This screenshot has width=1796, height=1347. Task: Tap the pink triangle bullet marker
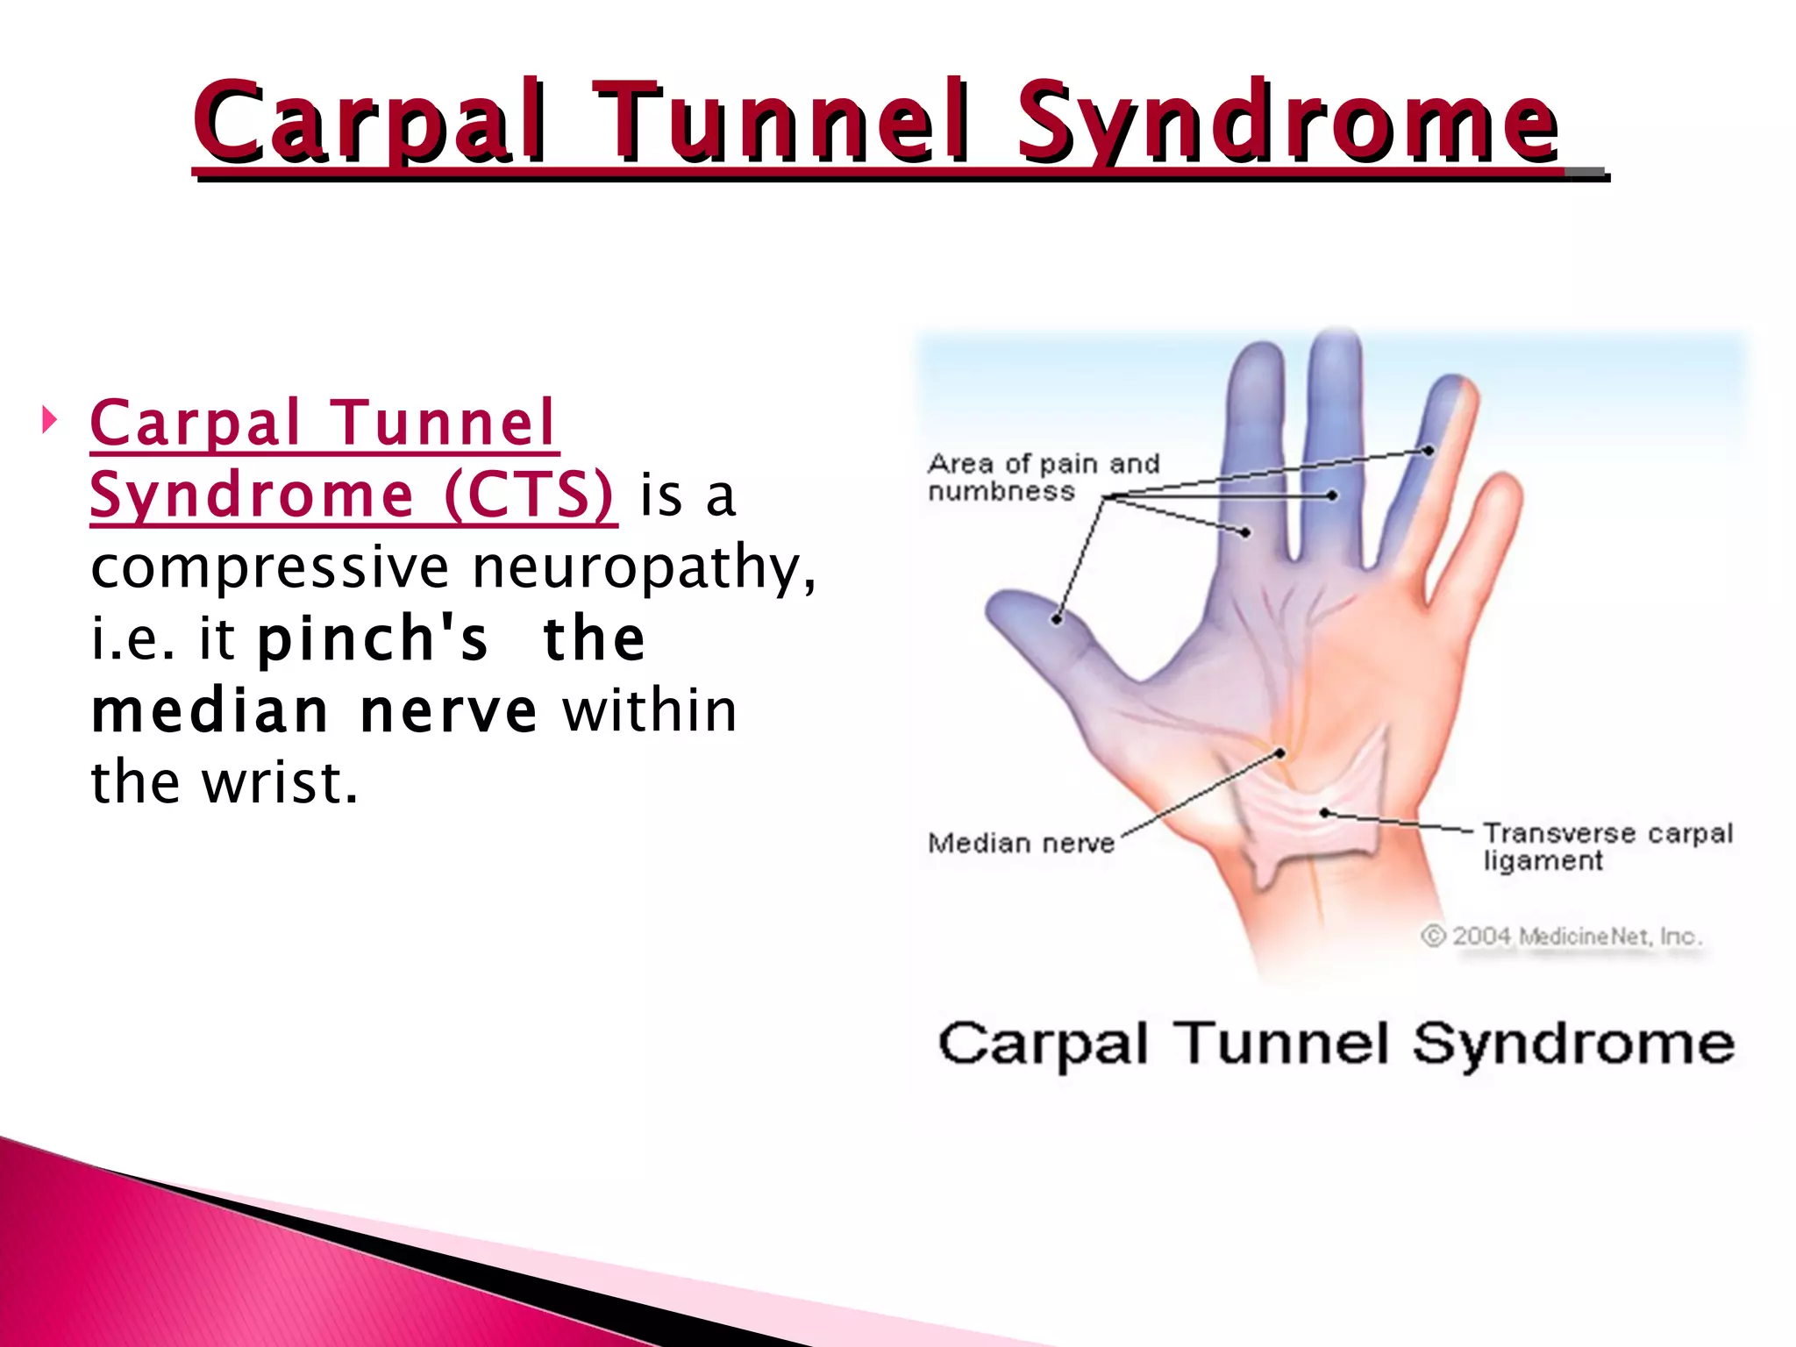(x=49, y=420)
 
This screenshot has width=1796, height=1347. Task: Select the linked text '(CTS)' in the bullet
(x=529, y=495)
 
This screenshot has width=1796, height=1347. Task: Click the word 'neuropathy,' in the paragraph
(x=644, y=567)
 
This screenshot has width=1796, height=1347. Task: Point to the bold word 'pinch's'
(x=372, y=638)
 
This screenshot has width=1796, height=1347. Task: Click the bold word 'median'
(x=210, y=710)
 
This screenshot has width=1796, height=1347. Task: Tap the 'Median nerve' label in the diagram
(x=1021, y=844)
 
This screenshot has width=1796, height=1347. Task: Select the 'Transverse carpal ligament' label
(x=1607, y=845)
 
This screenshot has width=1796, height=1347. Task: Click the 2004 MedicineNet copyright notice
(x=1561, y=937)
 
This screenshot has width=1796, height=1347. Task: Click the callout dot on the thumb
(x=1058, y=619)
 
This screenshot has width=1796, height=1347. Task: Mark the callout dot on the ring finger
(x=1429, y=451)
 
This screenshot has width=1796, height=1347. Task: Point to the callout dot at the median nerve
(x=1280, y=753)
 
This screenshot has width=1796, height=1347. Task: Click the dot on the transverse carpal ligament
(x=1325, y=813)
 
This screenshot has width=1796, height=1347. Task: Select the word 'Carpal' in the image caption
(x=1042, y=1045)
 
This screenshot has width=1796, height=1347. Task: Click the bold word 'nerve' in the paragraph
(x=448, y=710)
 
